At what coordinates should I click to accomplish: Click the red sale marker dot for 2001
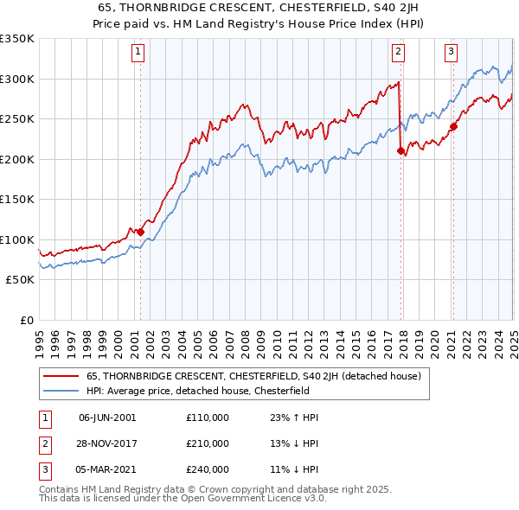(140, 232)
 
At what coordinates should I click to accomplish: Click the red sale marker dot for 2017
(400, 151)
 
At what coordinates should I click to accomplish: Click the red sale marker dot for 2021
(452, 127)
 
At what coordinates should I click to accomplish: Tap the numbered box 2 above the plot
(398, 52)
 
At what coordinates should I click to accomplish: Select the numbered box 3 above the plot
(451, 52)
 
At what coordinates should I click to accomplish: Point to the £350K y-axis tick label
(17, 39)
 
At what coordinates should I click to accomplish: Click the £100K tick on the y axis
(17, 239)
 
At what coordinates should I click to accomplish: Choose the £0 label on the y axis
(26, 320)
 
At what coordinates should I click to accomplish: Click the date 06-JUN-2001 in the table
(107, 418)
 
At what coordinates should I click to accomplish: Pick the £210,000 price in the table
(208, 443)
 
